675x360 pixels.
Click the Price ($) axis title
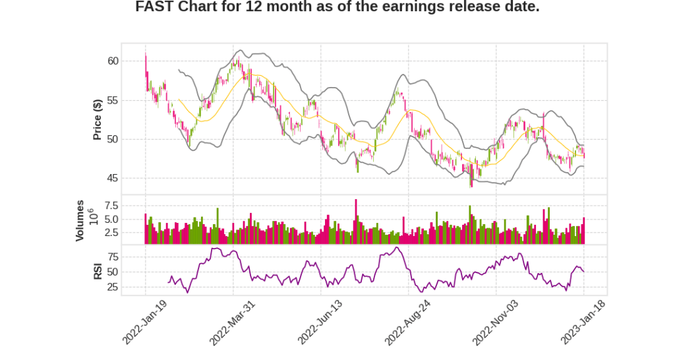(97, 119)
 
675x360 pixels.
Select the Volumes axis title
(80, 220)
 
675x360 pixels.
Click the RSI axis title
(97, 271)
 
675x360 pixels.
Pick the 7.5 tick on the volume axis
(110, 206)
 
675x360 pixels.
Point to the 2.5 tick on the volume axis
(110, 232)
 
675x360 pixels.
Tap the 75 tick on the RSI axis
(112, 256)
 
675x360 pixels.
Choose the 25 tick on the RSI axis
(112, 287)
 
